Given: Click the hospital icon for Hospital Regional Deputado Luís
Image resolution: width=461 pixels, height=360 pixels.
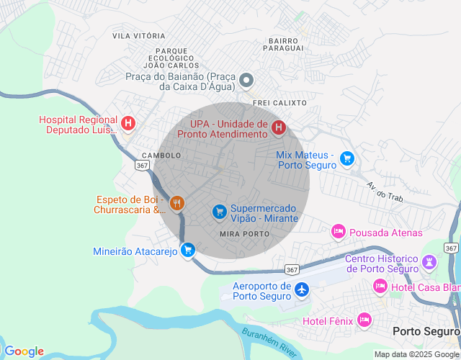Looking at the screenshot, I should pos(128,124).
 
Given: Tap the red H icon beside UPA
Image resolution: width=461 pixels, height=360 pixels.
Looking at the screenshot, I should pos(278,128).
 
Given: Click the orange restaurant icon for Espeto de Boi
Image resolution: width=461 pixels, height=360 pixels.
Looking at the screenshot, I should pos(177,204).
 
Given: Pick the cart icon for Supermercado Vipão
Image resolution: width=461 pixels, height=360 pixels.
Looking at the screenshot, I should pos(219,212).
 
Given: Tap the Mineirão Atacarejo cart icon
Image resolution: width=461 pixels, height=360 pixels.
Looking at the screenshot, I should pos(188,251).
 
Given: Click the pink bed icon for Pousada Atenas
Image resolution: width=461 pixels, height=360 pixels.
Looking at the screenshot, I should pos(338,232).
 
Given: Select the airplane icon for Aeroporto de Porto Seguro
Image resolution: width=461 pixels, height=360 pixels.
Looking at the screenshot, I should pos(301,289).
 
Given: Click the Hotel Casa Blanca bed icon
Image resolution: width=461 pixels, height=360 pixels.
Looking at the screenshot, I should pos(380,287).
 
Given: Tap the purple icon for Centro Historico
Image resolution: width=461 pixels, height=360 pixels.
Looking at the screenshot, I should pos(430,262).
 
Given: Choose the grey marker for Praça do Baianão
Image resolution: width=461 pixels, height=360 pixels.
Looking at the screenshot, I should pos(246,81).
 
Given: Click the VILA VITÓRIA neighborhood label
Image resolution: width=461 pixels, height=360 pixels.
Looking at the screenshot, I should pos(139,35).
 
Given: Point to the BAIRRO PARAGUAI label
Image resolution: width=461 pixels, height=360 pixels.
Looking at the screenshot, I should pos(282,45).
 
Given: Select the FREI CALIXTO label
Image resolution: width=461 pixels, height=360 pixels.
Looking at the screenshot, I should pos(279,103).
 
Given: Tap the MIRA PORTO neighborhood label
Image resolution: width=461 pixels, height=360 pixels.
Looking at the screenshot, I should pos(244,235).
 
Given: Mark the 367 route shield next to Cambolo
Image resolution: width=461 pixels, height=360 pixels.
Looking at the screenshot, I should pos(141,165).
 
